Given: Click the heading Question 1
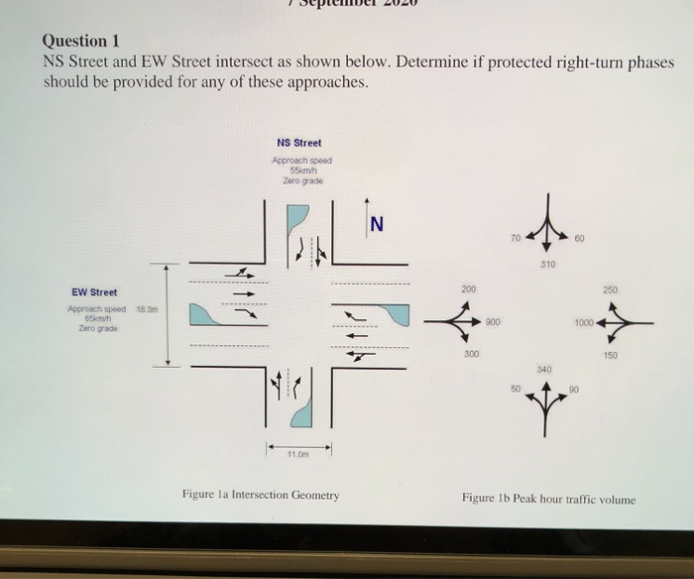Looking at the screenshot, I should coord(80,41).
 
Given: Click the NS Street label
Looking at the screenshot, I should coord(298,144).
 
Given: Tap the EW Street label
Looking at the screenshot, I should coord(94,292).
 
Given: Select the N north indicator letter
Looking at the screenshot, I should coord(377,224).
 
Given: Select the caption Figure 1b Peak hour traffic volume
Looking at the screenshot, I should coord(548,499).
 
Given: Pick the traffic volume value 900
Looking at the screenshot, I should coord(494,322).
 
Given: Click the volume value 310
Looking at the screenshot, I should coord(547,265).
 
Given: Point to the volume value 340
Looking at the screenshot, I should coord(543,367).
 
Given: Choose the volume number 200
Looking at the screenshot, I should coord(467,289).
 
